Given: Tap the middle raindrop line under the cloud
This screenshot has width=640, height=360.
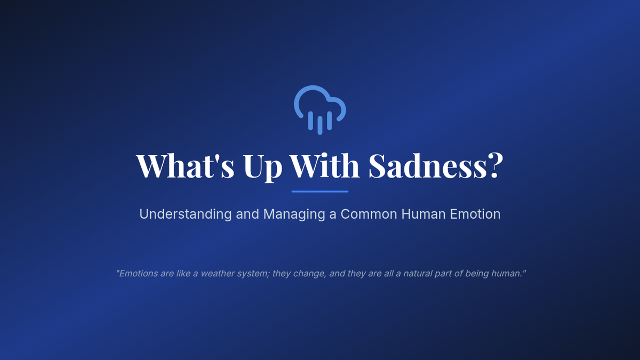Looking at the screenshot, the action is (320, 125).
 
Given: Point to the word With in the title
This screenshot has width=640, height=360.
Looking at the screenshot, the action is (324, 165).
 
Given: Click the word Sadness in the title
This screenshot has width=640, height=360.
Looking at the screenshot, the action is (427, 166).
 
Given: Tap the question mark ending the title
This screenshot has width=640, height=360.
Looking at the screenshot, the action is (495, 166).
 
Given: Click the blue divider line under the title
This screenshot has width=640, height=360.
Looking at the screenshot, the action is (320, 191).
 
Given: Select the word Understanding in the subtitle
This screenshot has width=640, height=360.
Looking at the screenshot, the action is (186, 214).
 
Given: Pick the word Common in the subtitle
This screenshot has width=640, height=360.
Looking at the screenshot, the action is (369, 214).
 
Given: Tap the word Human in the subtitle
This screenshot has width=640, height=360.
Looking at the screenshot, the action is (423, 214).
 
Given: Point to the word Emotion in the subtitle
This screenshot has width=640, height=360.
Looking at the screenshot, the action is (475, 214).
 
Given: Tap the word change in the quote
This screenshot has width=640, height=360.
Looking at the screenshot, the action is (310, 274).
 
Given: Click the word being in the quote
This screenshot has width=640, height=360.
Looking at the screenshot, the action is (477, 274).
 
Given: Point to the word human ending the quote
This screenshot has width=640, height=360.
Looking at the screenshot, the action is (506, 274).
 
